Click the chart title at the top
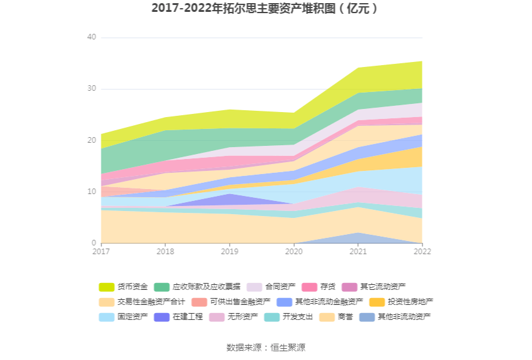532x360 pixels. pyautogui.click(x=265, y=9)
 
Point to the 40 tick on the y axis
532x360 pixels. pyautogui.click(x=91, y=38)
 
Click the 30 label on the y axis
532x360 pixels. pyautogui.click(x=91, y=89)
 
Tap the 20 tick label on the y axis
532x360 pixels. pyautogui.click(x=91, y=140)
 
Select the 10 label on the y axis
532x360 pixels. pyautogui.click(x=91, y=192)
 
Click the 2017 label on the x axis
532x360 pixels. pyautogui.click(x=101, y=252)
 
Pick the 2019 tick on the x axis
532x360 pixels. pyautogui.click(x=229, y=252)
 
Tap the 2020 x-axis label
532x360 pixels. pyautogui.click(x=294, y=252)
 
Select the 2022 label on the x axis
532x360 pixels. pyautogui.click(x=422, y=252)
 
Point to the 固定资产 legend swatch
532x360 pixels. pyautogui.click(x=107, y=317)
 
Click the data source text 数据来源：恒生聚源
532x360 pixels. pyautogui.click(x=265, y=347)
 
